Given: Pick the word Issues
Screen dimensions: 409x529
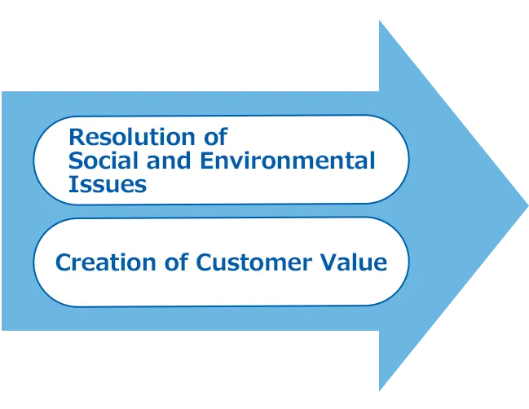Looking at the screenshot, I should click(107, 184).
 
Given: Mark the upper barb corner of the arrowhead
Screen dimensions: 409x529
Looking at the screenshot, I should click(378, 21).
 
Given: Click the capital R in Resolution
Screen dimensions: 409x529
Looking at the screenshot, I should click(76, 135).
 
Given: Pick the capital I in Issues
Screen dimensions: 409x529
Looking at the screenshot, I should click(72, 184).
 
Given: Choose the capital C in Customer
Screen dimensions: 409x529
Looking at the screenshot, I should click(205, 262).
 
